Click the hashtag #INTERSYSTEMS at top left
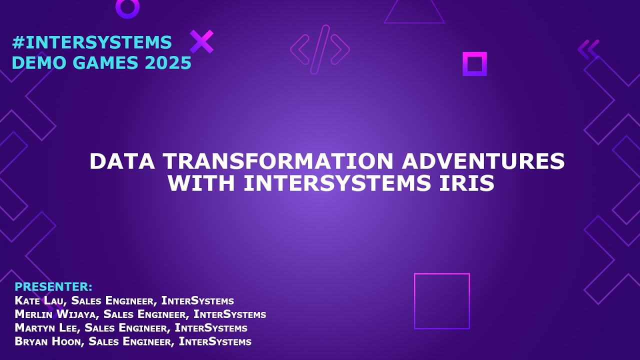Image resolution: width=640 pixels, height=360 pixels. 91,42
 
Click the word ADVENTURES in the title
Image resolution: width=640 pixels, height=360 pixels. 483,161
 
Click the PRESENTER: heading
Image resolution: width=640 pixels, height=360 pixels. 53,287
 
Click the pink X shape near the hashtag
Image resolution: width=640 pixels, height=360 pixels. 201,41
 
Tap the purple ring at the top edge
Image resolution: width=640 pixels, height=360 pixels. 127,7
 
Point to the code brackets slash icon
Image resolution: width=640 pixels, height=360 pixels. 320,49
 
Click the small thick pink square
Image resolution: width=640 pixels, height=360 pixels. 474,64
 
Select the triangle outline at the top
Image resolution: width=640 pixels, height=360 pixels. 414,12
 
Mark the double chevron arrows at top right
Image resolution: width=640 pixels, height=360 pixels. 588,49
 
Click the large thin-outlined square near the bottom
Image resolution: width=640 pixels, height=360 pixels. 442,301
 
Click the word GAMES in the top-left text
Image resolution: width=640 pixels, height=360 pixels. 103,63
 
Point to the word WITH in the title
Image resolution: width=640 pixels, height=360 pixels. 202,183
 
